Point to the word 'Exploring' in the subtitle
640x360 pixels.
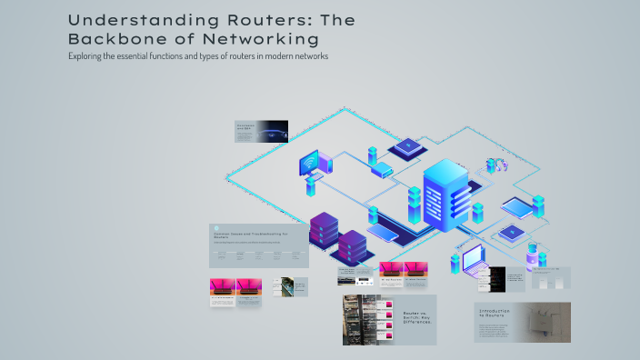(x=86, y=56)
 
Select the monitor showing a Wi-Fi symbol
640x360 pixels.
(x=310, y=165)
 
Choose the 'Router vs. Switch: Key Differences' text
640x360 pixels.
(x=419, y=317)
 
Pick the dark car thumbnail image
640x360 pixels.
(x=273, y=132)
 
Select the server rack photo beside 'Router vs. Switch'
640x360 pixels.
(x=371, y=320)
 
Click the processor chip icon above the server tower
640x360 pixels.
(x=407, y=146)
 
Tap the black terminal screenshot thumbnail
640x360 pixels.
(x=497, y=279)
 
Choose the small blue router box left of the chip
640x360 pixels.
(x=381, y=170)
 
